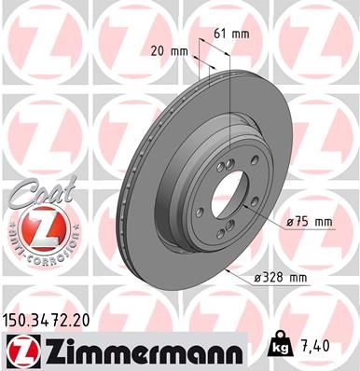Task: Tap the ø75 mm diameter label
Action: pos(309,222)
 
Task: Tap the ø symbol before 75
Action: pos(290,222)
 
